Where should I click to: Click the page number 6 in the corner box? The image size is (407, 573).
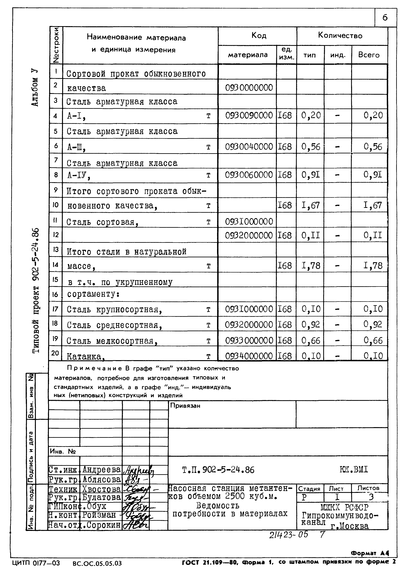tap(385, 18)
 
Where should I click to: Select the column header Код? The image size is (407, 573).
tap(259, 36)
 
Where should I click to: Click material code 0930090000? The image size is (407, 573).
tap(249, 116)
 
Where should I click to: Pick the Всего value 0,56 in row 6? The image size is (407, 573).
tap(373, 146)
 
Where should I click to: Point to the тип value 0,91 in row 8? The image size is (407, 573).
tap(311, 175)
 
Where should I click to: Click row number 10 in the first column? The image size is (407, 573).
tap(56, 205)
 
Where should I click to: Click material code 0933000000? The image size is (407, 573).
tap(249, 340)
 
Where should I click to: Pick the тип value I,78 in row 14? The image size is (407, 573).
tap(311, 265)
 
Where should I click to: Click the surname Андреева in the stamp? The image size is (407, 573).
tap(101, 469)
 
